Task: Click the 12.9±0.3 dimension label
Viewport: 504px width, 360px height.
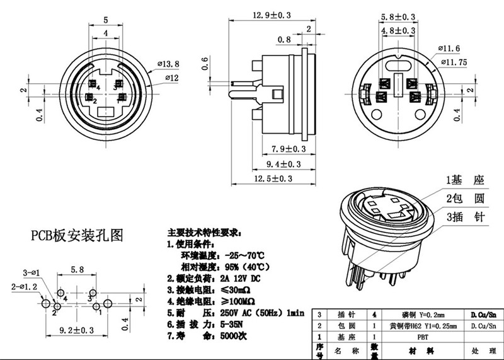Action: pos(272,15)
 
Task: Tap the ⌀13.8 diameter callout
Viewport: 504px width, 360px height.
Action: pos(171,64)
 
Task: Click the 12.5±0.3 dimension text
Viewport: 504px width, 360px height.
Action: pos(272,178)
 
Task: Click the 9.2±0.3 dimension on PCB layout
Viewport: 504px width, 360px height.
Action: pos(76,330)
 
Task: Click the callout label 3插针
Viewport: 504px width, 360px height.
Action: pos(465,218)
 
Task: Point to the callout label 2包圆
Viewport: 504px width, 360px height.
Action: pos(465,199)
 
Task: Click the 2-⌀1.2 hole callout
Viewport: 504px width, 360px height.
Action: pos(23,287)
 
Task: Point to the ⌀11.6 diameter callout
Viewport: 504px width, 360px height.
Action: pos(453,48)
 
